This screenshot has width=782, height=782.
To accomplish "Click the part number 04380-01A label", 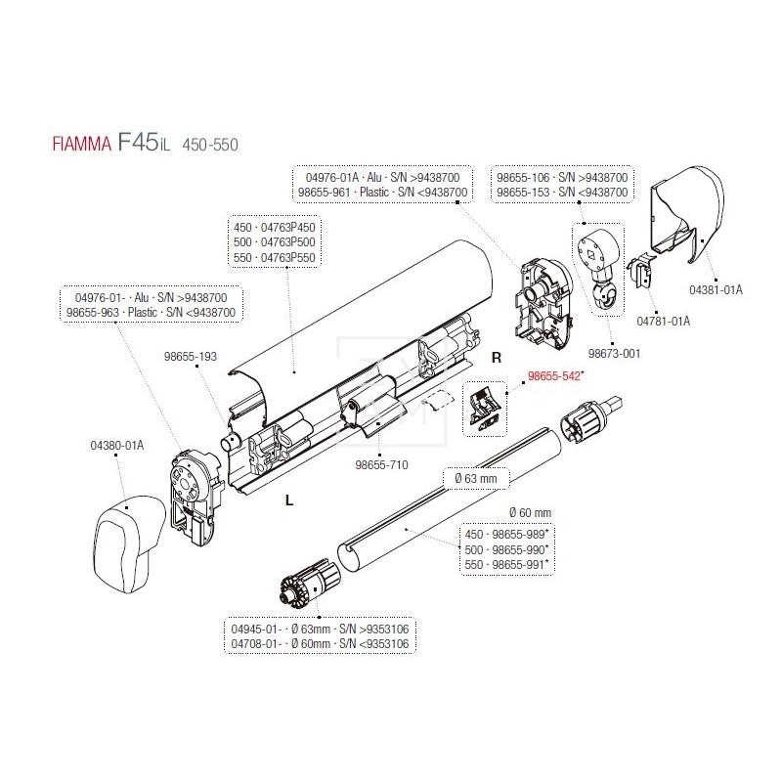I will (109, 445).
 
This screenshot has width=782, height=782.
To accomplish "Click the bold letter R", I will (497, 358).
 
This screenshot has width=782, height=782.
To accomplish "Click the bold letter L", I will (288, 500).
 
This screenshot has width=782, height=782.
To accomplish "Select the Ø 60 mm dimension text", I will (531, 512).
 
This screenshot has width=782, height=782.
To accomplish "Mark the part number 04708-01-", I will (257, 644).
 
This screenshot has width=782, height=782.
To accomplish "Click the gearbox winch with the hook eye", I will (599, 260).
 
